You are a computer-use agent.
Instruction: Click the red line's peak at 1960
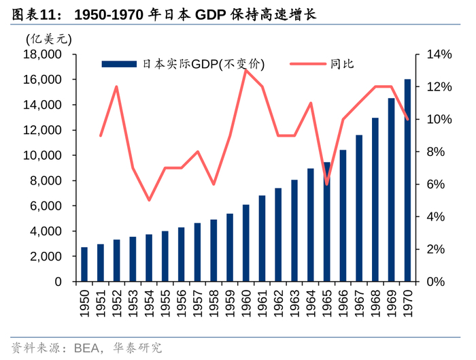[246, 71]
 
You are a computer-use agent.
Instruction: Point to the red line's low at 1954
[149, 200]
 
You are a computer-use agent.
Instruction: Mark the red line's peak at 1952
[117, 87]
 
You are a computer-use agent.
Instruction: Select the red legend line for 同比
[307, 64]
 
